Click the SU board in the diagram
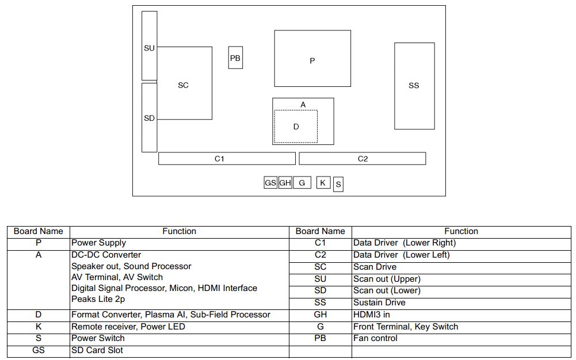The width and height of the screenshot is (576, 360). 149,46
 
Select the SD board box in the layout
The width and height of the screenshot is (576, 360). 149,118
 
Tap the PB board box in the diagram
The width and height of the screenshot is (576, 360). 235,58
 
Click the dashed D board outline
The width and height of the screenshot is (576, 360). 296,127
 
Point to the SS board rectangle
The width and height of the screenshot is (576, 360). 414,86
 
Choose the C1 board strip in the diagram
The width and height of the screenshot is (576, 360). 227,159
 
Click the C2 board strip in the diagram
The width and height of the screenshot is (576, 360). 363,159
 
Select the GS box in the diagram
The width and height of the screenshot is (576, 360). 270,183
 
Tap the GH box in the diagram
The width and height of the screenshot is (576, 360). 285,183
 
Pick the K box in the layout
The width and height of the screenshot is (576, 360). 323,183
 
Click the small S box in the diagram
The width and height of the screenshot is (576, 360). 338,185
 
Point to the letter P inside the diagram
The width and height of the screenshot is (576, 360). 312,60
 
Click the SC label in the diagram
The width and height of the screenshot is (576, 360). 183,85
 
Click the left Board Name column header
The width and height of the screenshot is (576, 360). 39,231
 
